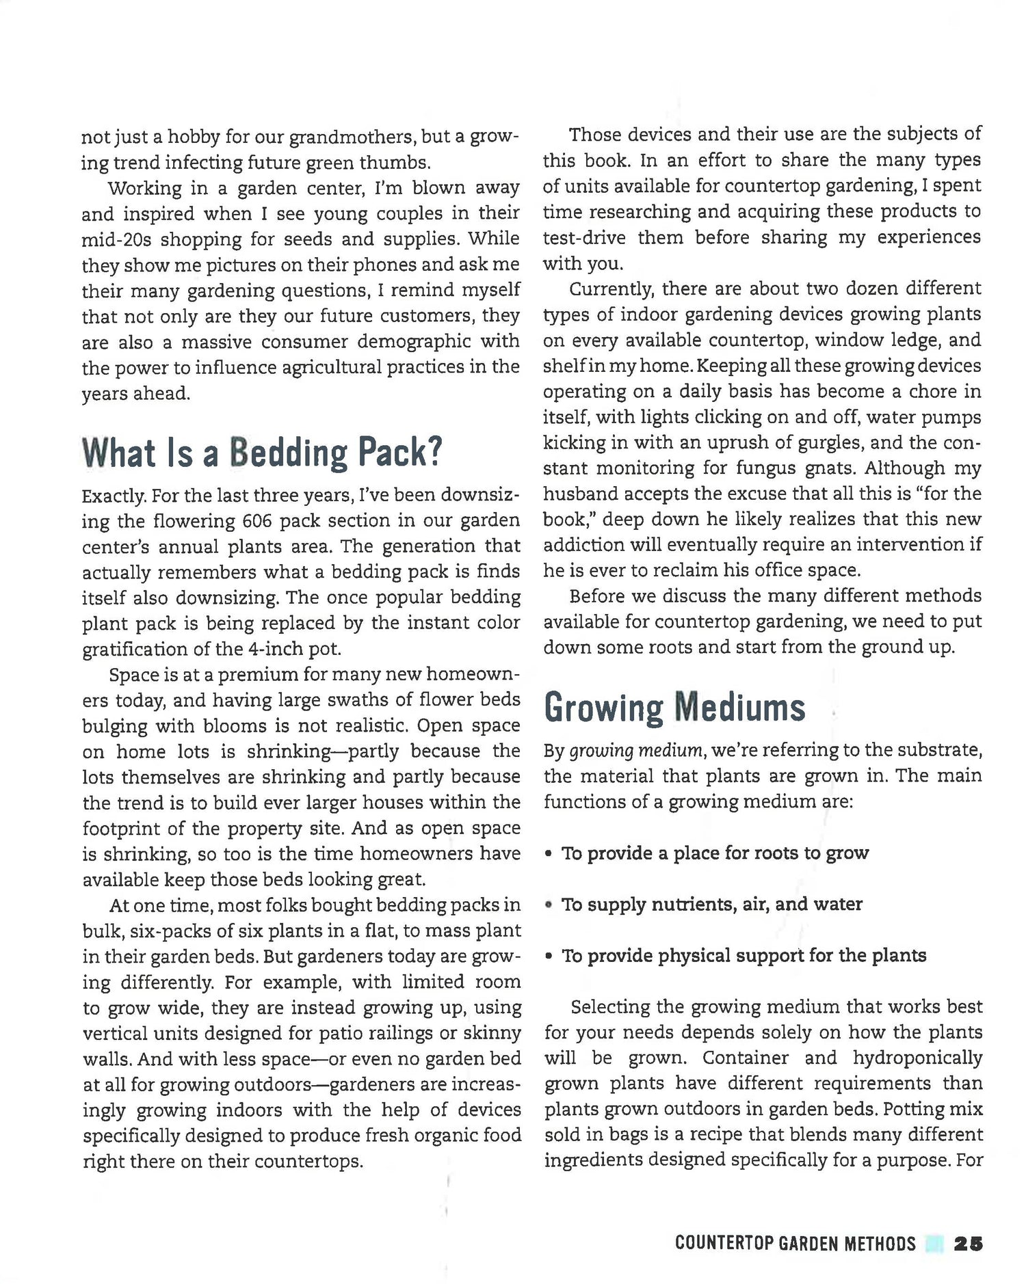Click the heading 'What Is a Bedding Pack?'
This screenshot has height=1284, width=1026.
[262, 453]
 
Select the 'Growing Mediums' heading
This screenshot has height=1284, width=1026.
[674, 708]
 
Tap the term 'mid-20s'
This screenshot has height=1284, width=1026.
[109, 239]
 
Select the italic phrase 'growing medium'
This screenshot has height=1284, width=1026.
[636, 751]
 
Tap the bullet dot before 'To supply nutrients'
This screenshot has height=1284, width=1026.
[549, 905]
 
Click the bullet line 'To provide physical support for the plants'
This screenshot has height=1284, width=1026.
[744, 956]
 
